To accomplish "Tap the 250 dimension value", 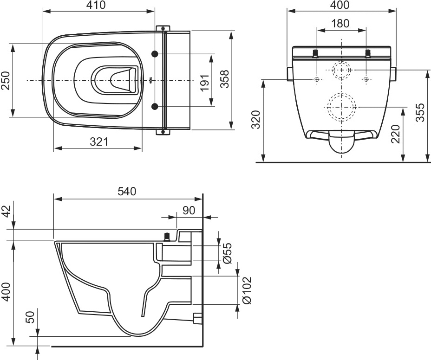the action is coord(6,80).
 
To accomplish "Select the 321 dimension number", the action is coord(99,141).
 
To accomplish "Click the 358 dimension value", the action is coord(225,79).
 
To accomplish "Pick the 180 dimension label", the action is coord(340,23).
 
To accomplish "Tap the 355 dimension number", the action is coord(420,113).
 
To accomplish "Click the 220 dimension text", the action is coord(396,134).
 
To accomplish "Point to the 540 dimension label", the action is coord(127,192).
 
